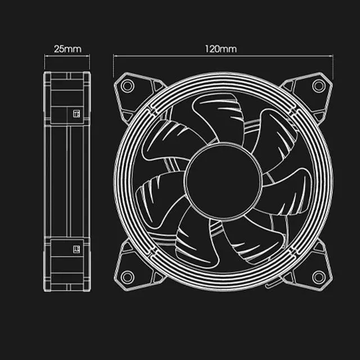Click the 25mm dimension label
[x=67, y=49]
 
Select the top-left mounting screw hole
[x=128, y=85]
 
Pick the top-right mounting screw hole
[x=319, y=85]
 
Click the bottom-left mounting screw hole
[x=128, y=277]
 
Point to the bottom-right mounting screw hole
[x=319, y=277]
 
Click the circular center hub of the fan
[x=223, y=181]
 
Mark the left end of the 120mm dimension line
[x=114, y=56]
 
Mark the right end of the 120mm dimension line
[x=332, y=56]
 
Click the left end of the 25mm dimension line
[x=45, y=56]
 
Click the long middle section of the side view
[x=67, y=180]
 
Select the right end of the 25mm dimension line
[x=90, y=56]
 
